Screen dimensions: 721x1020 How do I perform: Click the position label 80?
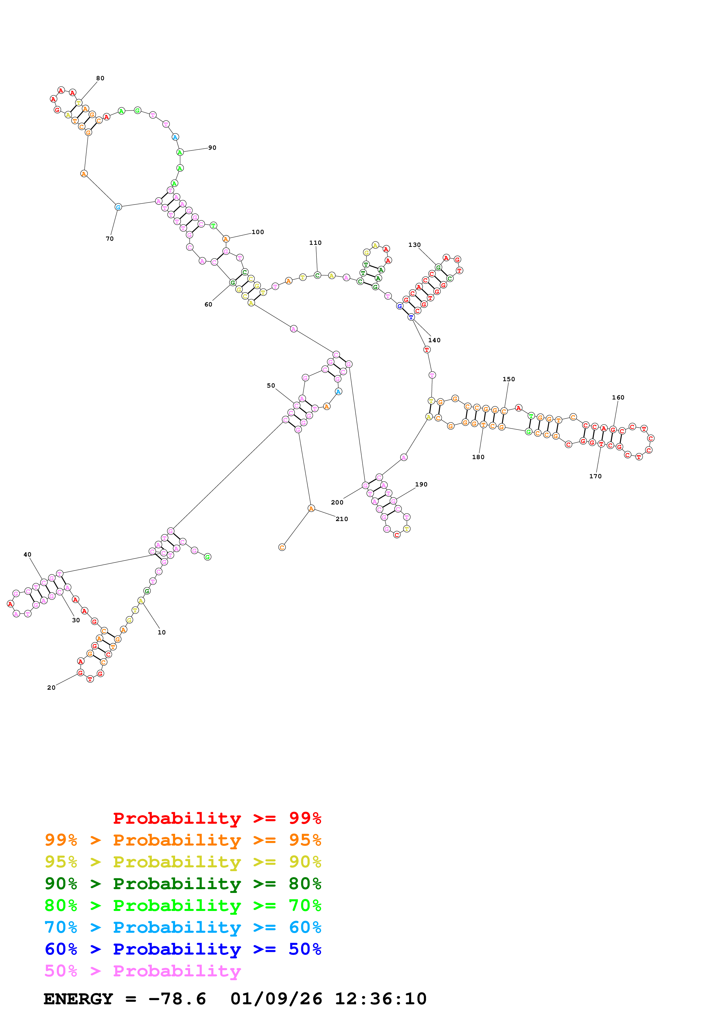point(100,78)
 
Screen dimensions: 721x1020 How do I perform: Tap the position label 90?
point(212,147)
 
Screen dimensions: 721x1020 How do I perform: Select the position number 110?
point(315,242)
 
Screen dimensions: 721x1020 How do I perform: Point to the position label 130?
point(414,245)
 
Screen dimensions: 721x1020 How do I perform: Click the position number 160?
point(618,397)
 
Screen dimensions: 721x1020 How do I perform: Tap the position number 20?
point(51,688)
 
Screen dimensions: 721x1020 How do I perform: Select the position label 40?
point(28,554)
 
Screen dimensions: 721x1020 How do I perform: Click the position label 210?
point(342,519)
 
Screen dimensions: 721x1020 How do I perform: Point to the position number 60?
point(208,304)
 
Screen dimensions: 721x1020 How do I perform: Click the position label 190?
point(421,484)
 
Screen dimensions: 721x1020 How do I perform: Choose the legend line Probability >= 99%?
point(217,818)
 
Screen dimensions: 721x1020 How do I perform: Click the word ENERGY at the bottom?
point(78,999)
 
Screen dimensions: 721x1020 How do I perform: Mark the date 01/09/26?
point(276,999)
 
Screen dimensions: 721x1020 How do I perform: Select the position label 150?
point(509,379)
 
